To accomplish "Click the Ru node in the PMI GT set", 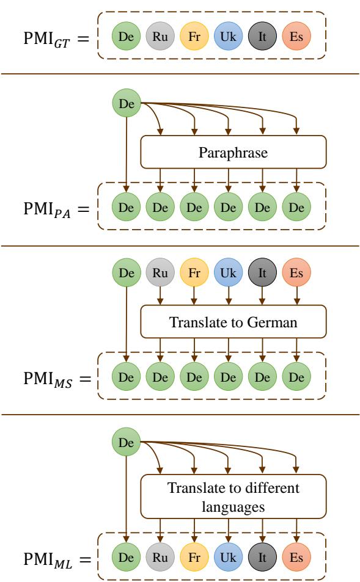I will click(x=160, y=37).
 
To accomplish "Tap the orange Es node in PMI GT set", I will click(x=296, y=37).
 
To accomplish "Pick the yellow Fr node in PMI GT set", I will click(x=194, y=37).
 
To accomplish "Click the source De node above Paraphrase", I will click(x=127, y=104).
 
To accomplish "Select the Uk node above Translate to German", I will click(x=228, y=273).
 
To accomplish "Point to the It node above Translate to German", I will click(x=262, y=273).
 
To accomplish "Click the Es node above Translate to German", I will click(x=296, y=273).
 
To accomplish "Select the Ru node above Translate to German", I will click(x=160, y=273).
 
